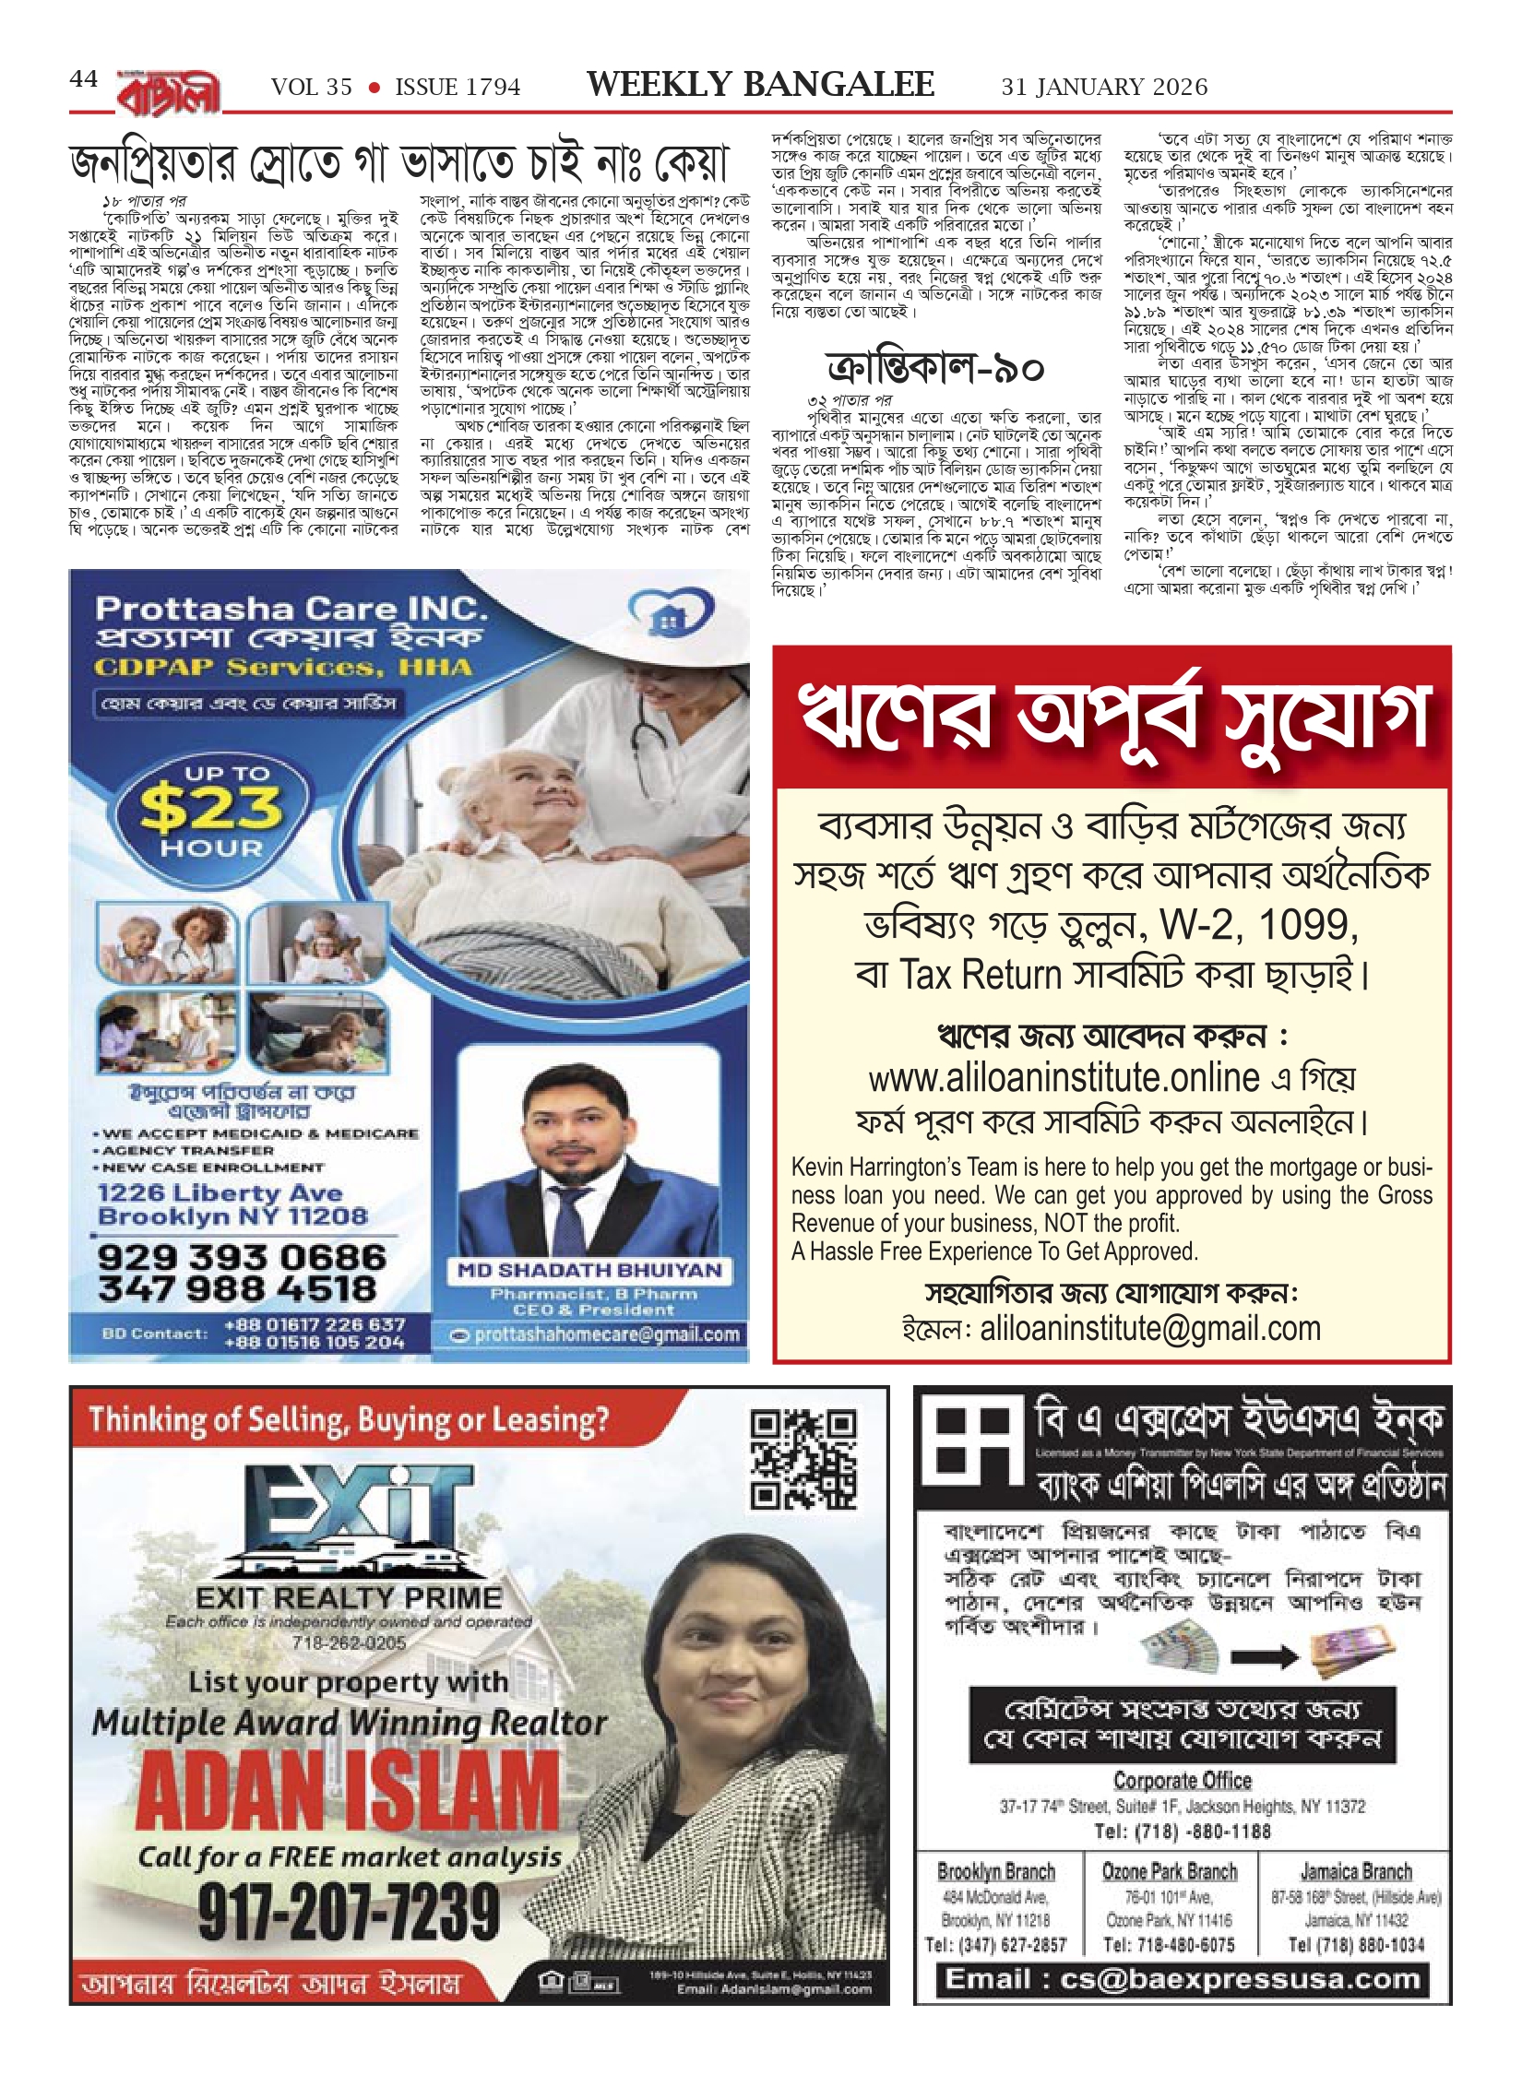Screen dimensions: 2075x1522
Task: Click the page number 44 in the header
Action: (x=83, y=79)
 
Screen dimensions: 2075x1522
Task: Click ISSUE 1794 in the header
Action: (x=458, y=88)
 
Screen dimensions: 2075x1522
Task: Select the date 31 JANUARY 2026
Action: (x=1104, y=88)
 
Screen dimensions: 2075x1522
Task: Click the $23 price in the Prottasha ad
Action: (x=211, y=808)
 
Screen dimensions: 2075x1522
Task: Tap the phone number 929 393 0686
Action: (x=242, y=1257)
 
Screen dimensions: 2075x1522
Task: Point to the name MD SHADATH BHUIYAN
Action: (x=589, y=1270)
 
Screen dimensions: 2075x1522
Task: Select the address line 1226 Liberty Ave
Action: (x=220, y=1193)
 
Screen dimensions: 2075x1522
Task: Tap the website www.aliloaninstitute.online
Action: (x=1064, y=1077)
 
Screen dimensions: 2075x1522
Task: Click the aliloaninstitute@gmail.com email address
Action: (x=1149, y=1328)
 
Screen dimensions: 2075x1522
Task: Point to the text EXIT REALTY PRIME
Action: (x=349, y=1597)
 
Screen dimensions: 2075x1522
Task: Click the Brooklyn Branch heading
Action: (x=995, y=1871)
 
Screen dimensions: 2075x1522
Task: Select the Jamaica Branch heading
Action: (x=1355, y=1871)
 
